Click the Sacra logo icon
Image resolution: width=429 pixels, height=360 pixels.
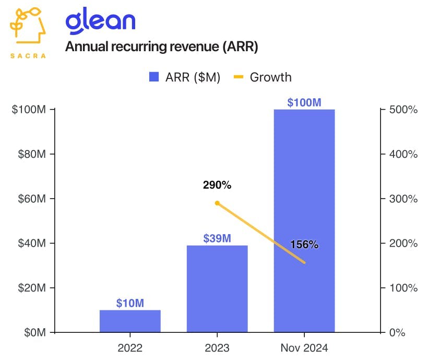[28, 30]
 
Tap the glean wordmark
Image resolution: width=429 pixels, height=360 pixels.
[100, 21]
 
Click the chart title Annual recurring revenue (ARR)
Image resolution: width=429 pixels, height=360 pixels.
[162, 47]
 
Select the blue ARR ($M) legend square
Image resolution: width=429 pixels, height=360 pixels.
[154, 77]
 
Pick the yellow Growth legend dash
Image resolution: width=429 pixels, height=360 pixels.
[239, 77]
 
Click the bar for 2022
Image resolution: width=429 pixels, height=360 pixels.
[130, 321]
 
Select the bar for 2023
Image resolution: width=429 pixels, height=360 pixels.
[217, 288]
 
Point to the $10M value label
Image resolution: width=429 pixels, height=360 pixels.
[130, 303]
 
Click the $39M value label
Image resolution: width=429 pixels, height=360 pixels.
[217, 239]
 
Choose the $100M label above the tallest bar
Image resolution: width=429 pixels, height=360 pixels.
[304, 102]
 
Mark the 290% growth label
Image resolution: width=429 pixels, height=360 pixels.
[217, 185]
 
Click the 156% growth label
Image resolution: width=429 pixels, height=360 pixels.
[304, 244]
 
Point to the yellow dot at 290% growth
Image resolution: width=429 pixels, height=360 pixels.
[217, 203]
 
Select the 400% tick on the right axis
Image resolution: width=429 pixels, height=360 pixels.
[403, 154]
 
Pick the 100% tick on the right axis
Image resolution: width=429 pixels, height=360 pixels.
[403, 288]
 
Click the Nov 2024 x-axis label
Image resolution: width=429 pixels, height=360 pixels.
[304, 347]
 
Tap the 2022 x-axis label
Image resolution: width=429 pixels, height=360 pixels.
[130, 347]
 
